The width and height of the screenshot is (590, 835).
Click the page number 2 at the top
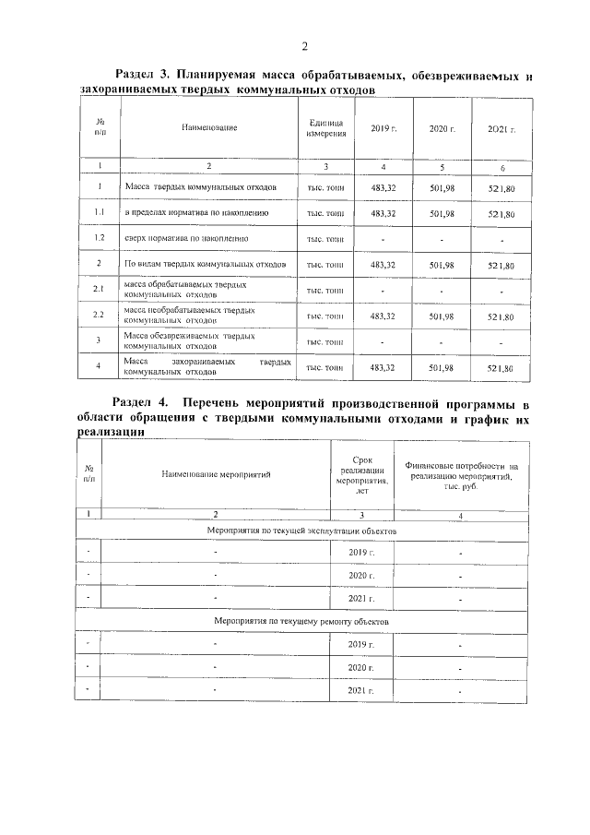303,48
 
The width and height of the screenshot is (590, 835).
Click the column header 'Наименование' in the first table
209,127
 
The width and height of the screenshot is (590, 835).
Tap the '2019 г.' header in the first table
383,128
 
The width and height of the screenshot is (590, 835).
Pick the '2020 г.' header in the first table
442,128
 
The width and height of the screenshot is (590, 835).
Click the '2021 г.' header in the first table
501,128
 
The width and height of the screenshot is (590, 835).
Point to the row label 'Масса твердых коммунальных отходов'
200,187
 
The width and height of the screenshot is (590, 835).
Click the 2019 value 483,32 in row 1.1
383,213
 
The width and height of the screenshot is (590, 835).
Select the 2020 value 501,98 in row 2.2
442,316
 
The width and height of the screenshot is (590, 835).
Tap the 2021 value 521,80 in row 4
501,368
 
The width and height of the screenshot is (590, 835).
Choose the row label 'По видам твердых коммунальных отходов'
206,265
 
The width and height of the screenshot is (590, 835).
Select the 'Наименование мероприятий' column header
216,474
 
